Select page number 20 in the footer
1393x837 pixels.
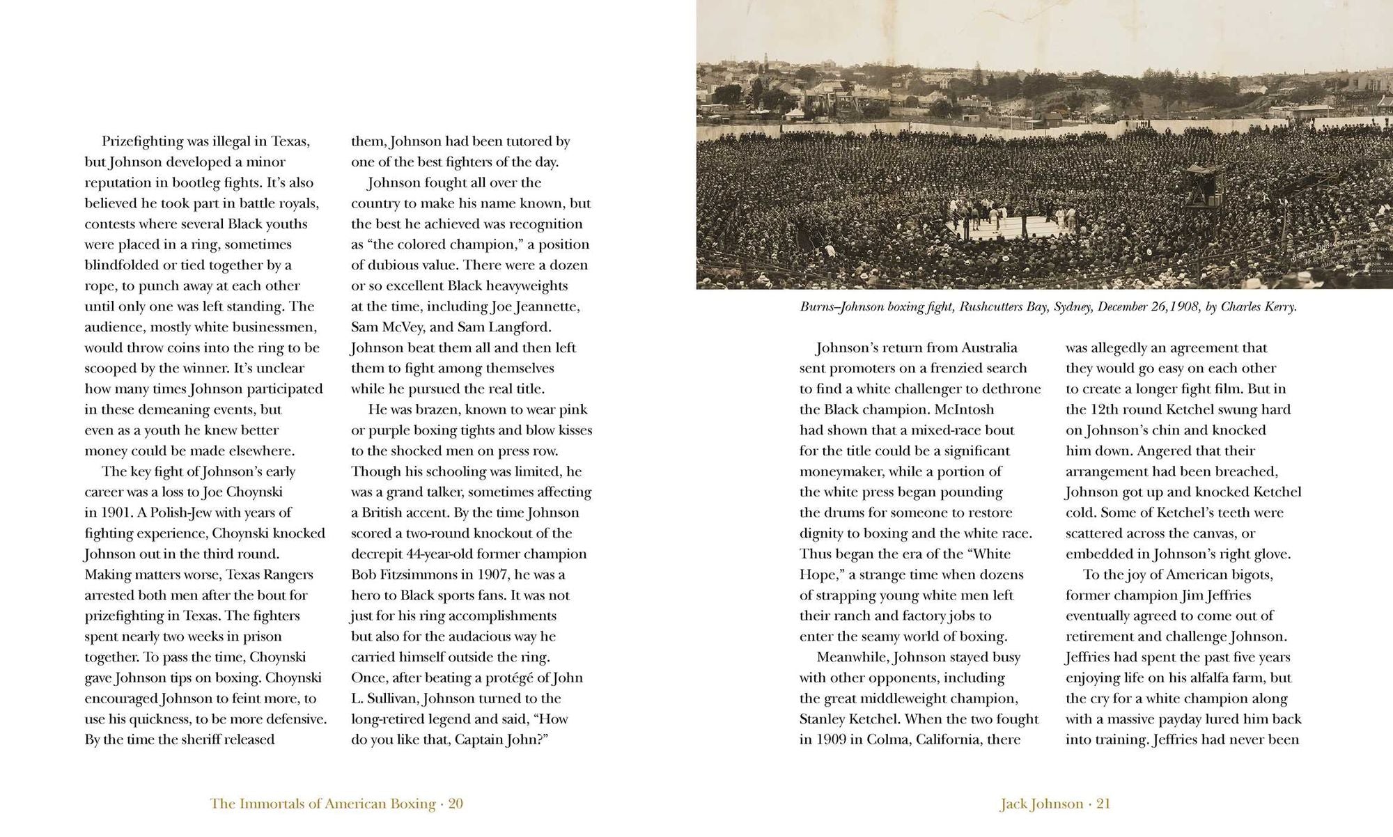(x=456, y=804)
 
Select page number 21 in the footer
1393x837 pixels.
(x=1103, y=804)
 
